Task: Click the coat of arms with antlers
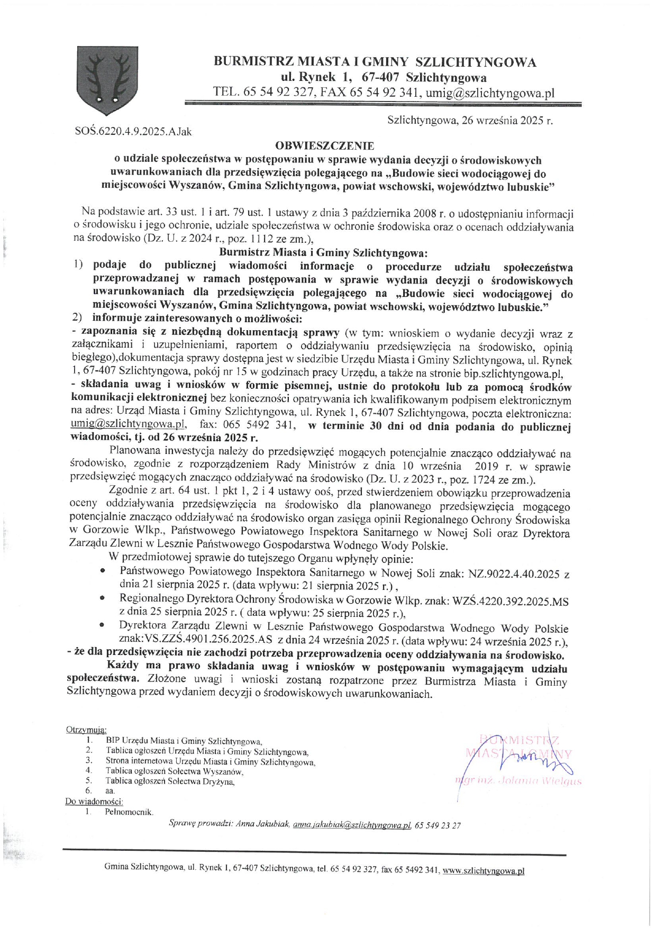tap(107, 80)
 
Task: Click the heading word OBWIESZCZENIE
tap(324, 145)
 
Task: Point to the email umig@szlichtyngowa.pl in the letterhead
tap(490, 93)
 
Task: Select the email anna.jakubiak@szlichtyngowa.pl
tap(352, 824)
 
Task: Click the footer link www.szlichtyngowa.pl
tap(483, 870)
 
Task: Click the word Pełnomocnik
tap(129, 812)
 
